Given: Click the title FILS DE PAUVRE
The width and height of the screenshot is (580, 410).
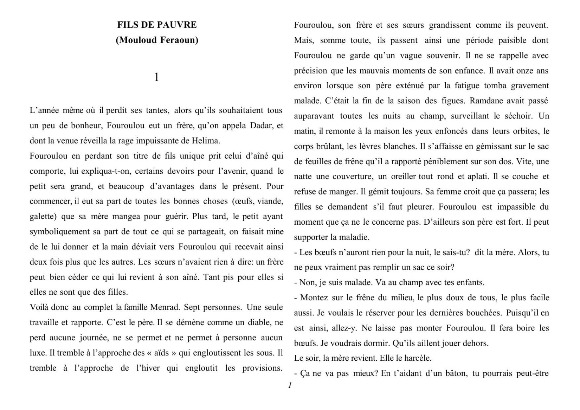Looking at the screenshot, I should (x=157, y=25).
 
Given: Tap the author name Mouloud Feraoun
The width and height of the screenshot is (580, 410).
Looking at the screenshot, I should (x=157, y=40).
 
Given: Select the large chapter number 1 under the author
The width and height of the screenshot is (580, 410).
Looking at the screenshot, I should (x=157, y=77).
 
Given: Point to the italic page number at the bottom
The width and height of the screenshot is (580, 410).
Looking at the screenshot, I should (x=290, y=385).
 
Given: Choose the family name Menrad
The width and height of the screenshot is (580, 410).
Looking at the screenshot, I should (x=165, y=307).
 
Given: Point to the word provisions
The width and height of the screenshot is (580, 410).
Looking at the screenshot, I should (x=262, y=368).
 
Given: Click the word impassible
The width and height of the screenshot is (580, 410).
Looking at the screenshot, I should (x=515, y=207).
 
